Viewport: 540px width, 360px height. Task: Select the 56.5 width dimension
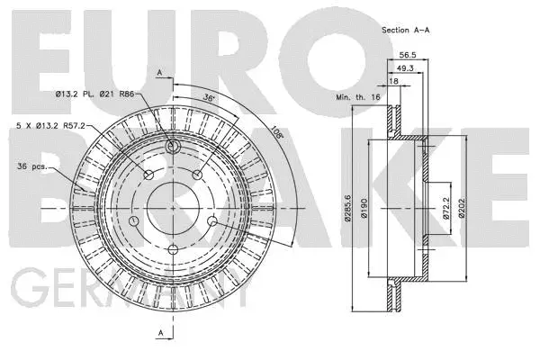418,53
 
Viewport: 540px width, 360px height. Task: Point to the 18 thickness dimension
392,80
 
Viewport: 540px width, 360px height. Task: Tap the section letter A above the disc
159,71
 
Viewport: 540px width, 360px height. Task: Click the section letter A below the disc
159,333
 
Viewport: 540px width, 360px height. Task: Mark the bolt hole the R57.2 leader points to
148,174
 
